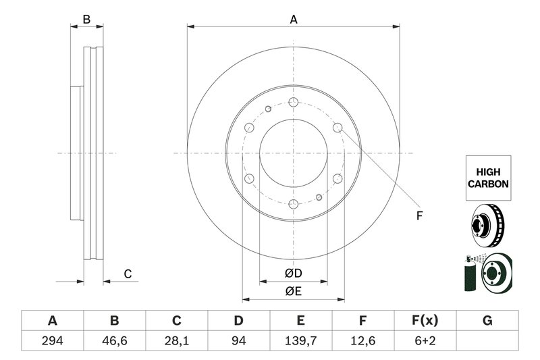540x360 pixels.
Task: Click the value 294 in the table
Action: [52, 340]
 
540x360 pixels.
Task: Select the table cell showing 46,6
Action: [115, 340]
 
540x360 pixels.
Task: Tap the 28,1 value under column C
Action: [177, 340]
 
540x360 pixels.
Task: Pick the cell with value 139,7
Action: [301, 340]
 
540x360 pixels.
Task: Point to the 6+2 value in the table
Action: [425, 340]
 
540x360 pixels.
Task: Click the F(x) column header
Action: [425, 320]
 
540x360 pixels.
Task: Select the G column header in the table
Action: [487, 320]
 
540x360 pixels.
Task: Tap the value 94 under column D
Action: [239, 340]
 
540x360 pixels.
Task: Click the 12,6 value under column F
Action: [363, 340]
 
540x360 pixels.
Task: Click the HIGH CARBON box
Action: [487, 178]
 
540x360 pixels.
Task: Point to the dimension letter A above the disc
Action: [294, 20]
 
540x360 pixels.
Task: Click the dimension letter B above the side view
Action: [86, 20]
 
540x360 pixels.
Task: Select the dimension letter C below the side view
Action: [126, 274]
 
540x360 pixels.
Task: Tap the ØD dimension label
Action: [293, 274]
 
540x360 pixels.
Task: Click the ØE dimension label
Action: [293, 291]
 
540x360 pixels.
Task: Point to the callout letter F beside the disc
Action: [418, 216]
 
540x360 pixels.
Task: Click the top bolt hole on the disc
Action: [294, 102]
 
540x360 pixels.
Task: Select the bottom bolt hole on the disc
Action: [294, 204]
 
